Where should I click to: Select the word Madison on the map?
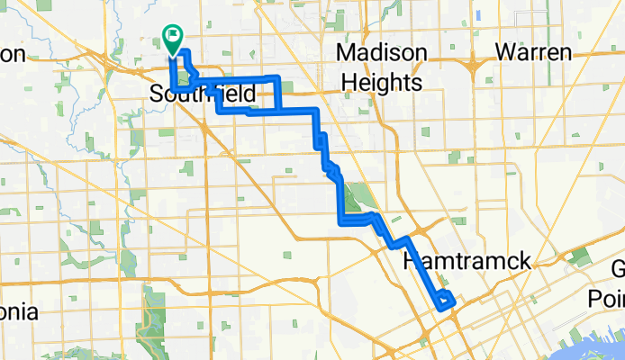[x=381, y=52]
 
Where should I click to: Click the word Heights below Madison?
[x=382, y=83]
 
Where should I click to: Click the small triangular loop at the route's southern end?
[x=444, y=301]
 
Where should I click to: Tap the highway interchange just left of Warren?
[x=473, y=64]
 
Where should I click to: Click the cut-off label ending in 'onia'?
[x=18, y=312]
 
